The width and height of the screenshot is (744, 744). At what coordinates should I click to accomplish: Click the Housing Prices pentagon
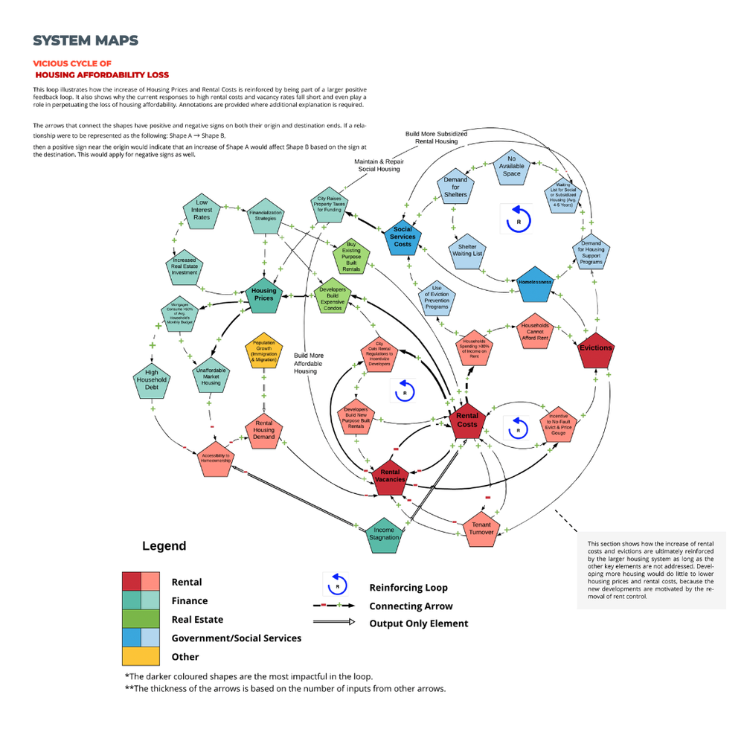[x=264, y=295]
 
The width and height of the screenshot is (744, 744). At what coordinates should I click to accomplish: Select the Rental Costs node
[x=467, y=422]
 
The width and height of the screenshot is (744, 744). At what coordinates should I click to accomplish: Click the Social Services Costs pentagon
[x=403, y=237]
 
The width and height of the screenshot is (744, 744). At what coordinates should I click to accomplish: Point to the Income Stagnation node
[x=385, y=535]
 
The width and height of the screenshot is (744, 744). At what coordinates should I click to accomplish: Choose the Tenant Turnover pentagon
[x=481, y=529]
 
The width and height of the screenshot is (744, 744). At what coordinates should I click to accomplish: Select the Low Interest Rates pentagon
[x=202, y=212]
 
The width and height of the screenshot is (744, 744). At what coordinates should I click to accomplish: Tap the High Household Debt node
[x=152, y=379]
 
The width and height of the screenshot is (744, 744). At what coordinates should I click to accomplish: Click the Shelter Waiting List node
[x=467, y=251]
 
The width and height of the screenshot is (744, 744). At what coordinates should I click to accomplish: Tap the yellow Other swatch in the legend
[x=141, y=656]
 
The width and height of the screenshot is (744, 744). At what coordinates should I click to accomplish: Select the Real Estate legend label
[x=197, y=619]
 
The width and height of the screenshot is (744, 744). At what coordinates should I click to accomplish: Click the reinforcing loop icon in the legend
[x=336, y=586]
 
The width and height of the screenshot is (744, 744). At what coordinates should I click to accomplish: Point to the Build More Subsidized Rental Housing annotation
[x=436, y=138]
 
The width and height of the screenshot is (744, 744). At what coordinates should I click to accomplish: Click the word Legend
[x=164, y=546]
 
